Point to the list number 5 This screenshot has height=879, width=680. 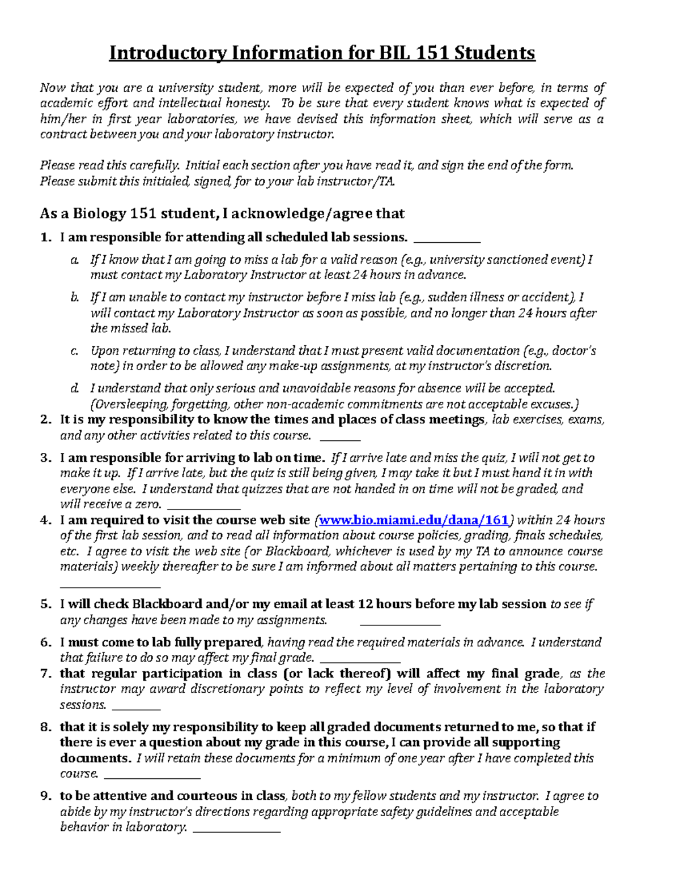point(45,604)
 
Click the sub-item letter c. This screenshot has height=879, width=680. point(74,351)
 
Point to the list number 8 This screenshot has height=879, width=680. point(45,727)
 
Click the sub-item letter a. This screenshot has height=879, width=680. point(74,260)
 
